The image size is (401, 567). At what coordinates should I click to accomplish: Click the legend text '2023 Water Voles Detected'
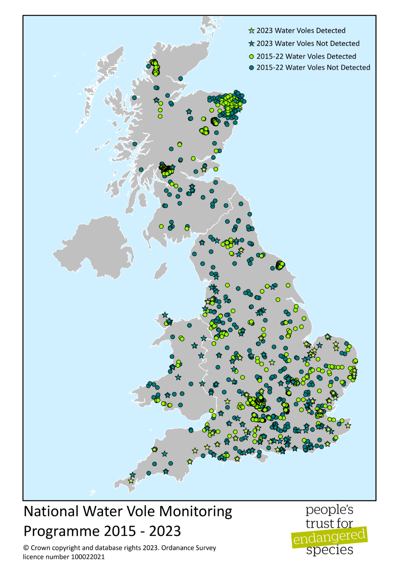[x=301, y=31]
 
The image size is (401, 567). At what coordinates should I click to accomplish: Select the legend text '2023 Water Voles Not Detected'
[x=308, y=44]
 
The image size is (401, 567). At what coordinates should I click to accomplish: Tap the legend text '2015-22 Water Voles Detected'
[x=306, y=56]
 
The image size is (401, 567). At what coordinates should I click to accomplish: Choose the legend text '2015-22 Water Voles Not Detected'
[x=313, y=68]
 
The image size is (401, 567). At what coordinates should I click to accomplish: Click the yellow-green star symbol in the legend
[x=252, y=31]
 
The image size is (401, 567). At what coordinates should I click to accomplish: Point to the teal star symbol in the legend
[x=252, y=44]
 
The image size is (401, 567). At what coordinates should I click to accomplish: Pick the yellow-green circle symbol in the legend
[x=252, y=56]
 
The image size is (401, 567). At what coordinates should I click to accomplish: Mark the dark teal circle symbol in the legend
[x=252, y=68]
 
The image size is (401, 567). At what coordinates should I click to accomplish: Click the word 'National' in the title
[x=51, y=512]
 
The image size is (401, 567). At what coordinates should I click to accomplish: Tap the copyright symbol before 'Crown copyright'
[x=26, y=548]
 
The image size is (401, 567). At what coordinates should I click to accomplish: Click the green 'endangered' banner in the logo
[x=329, y=537]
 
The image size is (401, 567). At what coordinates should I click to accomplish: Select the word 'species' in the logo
[x=329, y=550]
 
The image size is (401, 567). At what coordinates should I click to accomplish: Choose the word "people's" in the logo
[x=329, y=510]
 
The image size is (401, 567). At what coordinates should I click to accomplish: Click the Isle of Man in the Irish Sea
[x=160, y=271]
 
